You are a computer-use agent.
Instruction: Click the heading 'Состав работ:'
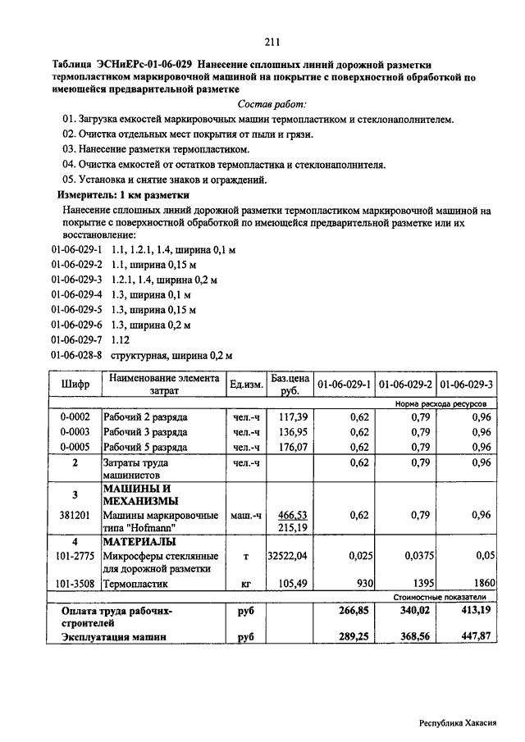[x=272, y=105]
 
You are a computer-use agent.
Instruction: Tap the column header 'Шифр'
[x=75, y=385]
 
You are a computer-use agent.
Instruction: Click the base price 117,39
[x=293, y=417]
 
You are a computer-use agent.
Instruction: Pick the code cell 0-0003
[x=75, y=432]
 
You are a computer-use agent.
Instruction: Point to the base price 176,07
[x=293, y=448]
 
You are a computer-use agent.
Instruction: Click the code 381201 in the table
[x=75, y=516]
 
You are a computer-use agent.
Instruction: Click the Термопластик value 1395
[x=419, y=584]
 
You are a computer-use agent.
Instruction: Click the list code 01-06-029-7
[x=76, y=339]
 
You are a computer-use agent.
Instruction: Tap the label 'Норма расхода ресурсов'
[x=440, y=404]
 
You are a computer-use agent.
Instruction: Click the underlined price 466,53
[x=293, y=515]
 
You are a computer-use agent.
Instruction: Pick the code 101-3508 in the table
[x=75, y=584]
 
